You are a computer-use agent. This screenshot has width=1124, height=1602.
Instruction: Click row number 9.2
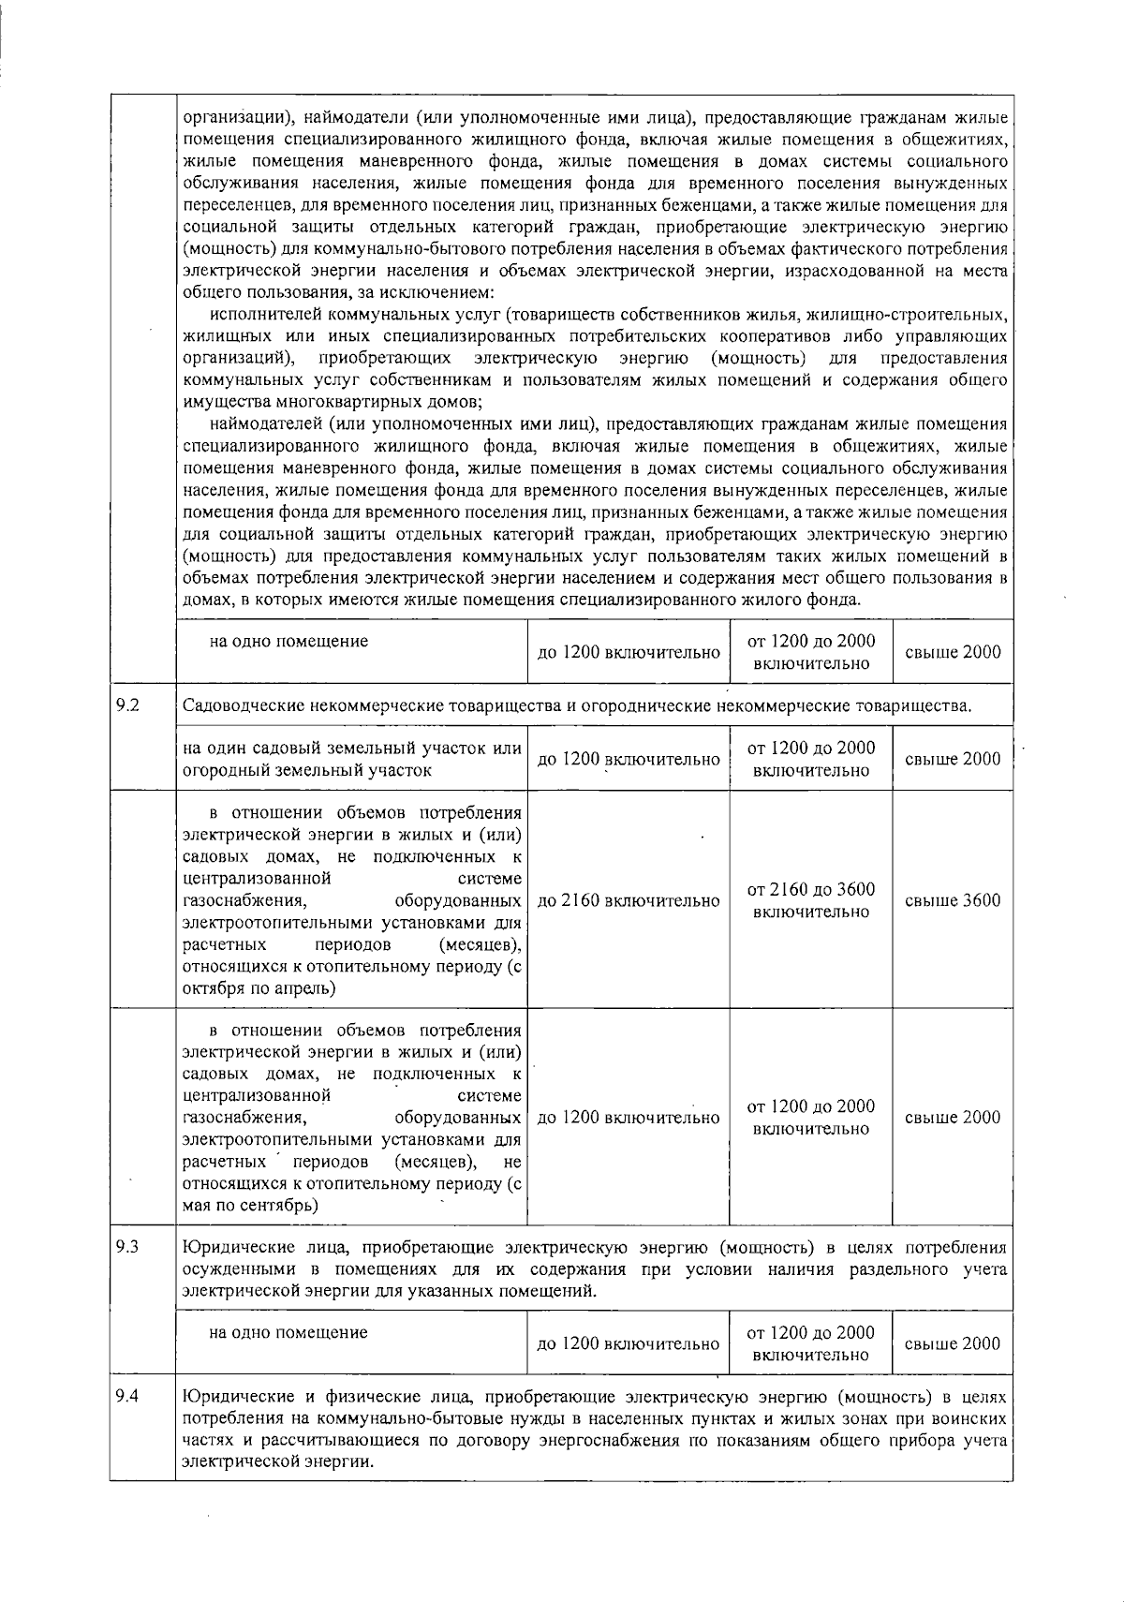point(127,705)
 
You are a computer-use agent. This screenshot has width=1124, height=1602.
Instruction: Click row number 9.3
point(127,1247)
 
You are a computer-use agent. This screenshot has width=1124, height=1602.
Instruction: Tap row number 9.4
point(127,1397)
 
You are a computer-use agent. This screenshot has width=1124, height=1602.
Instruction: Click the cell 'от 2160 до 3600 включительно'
point(812,900)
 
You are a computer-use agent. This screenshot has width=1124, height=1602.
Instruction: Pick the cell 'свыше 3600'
point(953,900)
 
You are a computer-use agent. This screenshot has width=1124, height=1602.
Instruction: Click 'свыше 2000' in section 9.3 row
point(953,1343)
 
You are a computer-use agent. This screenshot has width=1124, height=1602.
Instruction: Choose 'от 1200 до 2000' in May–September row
point(812,1106)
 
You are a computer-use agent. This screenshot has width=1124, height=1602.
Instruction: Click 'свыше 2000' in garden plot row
point(953,759)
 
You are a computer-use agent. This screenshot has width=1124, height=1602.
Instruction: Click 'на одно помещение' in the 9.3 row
point(288,1331)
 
